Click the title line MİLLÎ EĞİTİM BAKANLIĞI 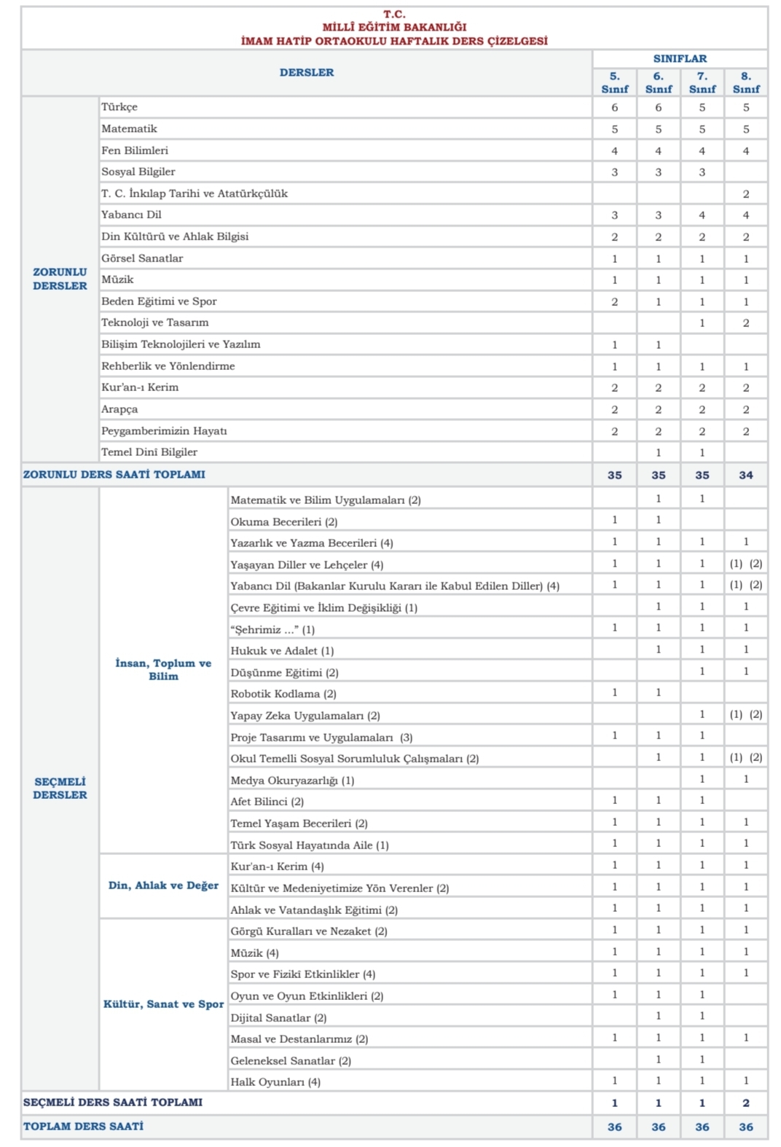(x=394, y=27)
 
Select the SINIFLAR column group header (x=679, y=58)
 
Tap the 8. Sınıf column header (x=745, y=82)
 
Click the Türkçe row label (x=119, y=107)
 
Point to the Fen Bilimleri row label (x=135, y=150)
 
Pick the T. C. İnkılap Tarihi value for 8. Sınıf (x=745, y=194)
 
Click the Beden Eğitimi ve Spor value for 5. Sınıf (x=614, y=301)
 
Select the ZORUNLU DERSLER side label (x=60, y=279)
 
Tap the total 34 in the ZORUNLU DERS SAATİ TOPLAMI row (x=745, y=475)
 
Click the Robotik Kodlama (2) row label (x=283, y=693)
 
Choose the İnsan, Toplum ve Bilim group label (x=163, y=669)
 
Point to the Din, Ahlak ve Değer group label (x=163, y=886)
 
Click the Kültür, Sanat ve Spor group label (x=163, y=1004)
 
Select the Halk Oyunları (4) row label (x=275, y=1081)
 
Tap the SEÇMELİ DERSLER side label (x=60, y=788)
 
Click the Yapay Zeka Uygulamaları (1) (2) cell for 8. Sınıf (x=745, y=714)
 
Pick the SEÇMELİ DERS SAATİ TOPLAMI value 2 (x=745, y=1103)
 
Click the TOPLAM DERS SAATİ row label (x=83, y=1126)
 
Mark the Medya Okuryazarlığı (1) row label (x=292, y=780)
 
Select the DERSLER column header (x=307, y=72)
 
